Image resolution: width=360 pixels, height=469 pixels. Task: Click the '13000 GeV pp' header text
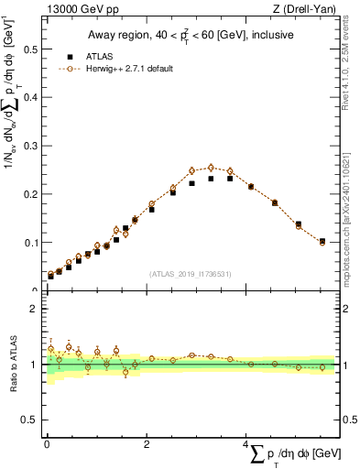tap(82, 10)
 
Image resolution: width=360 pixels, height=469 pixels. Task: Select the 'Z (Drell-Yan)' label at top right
tap(304, 10)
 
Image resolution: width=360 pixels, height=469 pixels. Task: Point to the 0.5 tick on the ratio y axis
tap(30, 420)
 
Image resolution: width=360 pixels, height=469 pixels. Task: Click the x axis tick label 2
tap(147, 445)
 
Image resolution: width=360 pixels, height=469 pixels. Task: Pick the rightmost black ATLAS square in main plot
tap(322, 242)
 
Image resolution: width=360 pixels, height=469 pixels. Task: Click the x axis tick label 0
tap(47, 445)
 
